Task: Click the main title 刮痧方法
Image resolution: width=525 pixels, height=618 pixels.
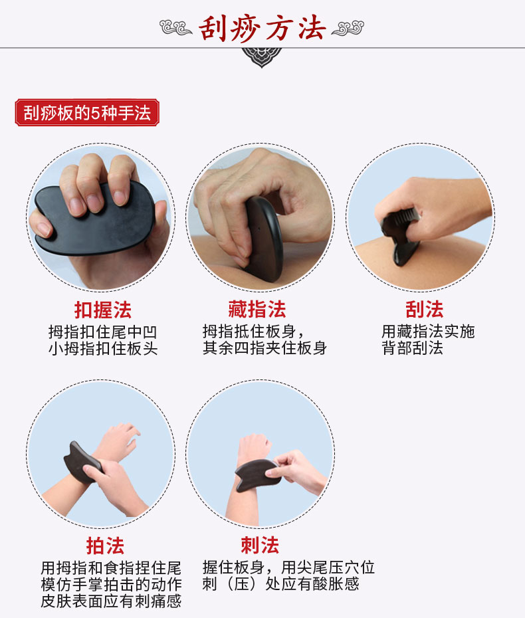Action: click(x=262, y=27)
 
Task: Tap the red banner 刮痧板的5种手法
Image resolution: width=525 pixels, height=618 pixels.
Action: click(x=87, y=113)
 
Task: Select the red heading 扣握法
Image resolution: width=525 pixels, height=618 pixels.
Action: click(x=102, y=310)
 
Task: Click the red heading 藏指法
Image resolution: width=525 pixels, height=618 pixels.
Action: click(x=257, y=310)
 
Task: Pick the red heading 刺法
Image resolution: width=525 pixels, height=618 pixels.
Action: click(x=259, y=546)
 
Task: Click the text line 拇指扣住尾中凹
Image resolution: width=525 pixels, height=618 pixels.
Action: click(x=102, y=332)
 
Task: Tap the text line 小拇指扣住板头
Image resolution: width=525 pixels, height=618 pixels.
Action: click(x=102, y=349)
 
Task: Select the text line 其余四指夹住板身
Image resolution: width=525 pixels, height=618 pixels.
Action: click(x=264, y=349)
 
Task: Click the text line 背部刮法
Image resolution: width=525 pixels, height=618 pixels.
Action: click(x=412, y=349)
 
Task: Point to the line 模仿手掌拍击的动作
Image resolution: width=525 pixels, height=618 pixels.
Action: click(x=110, y=585)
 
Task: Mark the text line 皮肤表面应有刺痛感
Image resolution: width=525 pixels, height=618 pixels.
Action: click(x=110, y=601)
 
